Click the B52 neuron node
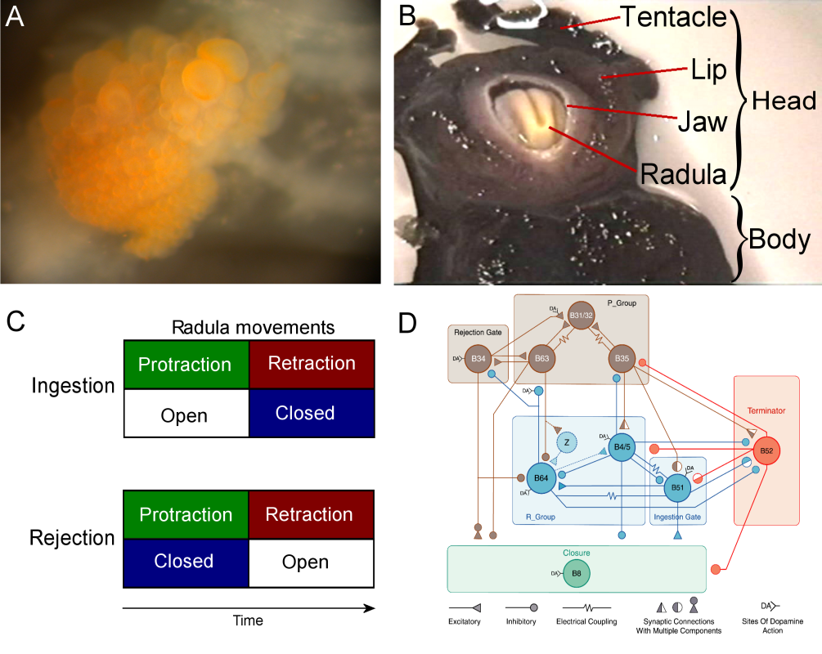[766, 450]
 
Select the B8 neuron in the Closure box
[577, 573]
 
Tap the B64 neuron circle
[540, 477]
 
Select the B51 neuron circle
[677, 487]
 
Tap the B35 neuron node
[622, 358]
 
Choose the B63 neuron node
[541, 358]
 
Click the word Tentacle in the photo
[672, 16]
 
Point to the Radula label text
[684, 173]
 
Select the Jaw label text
[703, 122]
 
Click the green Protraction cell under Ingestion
[185, 364]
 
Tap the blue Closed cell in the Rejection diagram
[185, 562]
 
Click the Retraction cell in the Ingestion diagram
[311, 364]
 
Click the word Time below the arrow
[247, 620]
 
